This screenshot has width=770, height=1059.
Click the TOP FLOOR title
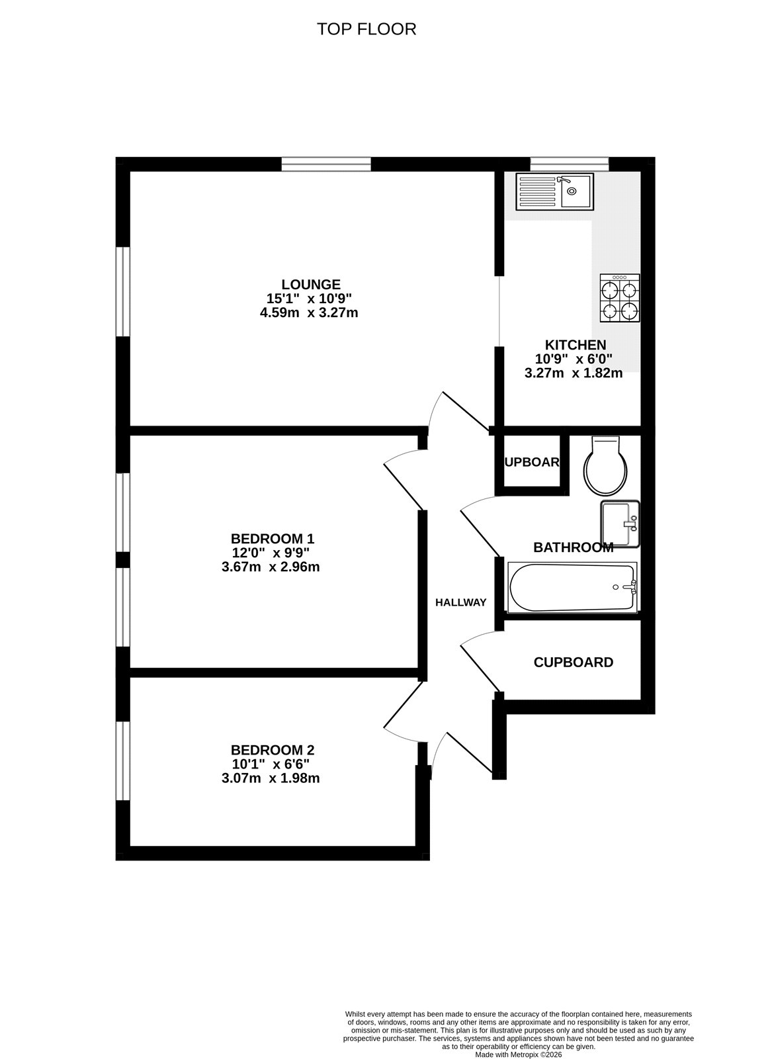[x=366, y=29]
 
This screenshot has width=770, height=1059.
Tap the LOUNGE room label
[x=310, y=285]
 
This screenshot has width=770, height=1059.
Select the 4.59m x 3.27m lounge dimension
[x=310, y=312]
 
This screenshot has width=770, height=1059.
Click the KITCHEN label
[x=575, y=345]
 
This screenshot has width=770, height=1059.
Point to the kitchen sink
[x=555, y=191]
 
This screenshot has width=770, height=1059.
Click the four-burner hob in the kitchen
[x=620, y=299]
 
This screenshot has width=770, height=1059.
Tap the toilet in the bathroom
[x=605, y=467]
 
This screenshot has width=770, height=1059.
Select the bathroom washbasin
[x=620, y=524]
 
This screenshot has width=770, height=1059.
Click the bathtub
[x=572, y=587]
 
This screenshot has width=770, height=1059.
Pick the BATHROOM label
[x=573, y=547]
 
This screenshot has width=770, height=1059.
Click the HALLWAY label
[x=460, y=602]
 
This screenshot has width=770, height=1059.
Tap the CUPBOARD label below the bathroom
[x=573, y=662]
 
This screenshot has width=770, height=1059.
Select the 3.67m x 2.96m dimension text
[x=271, y=567]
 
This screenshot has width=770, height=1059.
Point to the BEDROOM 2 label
[x=272, y=750]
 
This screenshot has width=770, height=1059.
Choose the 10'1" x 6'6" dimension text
[x=272, y=764]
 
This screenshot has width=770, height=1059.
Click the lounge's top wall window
[x=325, y=164]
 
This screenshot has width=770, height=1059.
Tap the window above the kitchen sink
[x=569, y=163]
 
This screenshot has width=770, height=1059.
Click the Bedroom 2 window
[x=122, y=760]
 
